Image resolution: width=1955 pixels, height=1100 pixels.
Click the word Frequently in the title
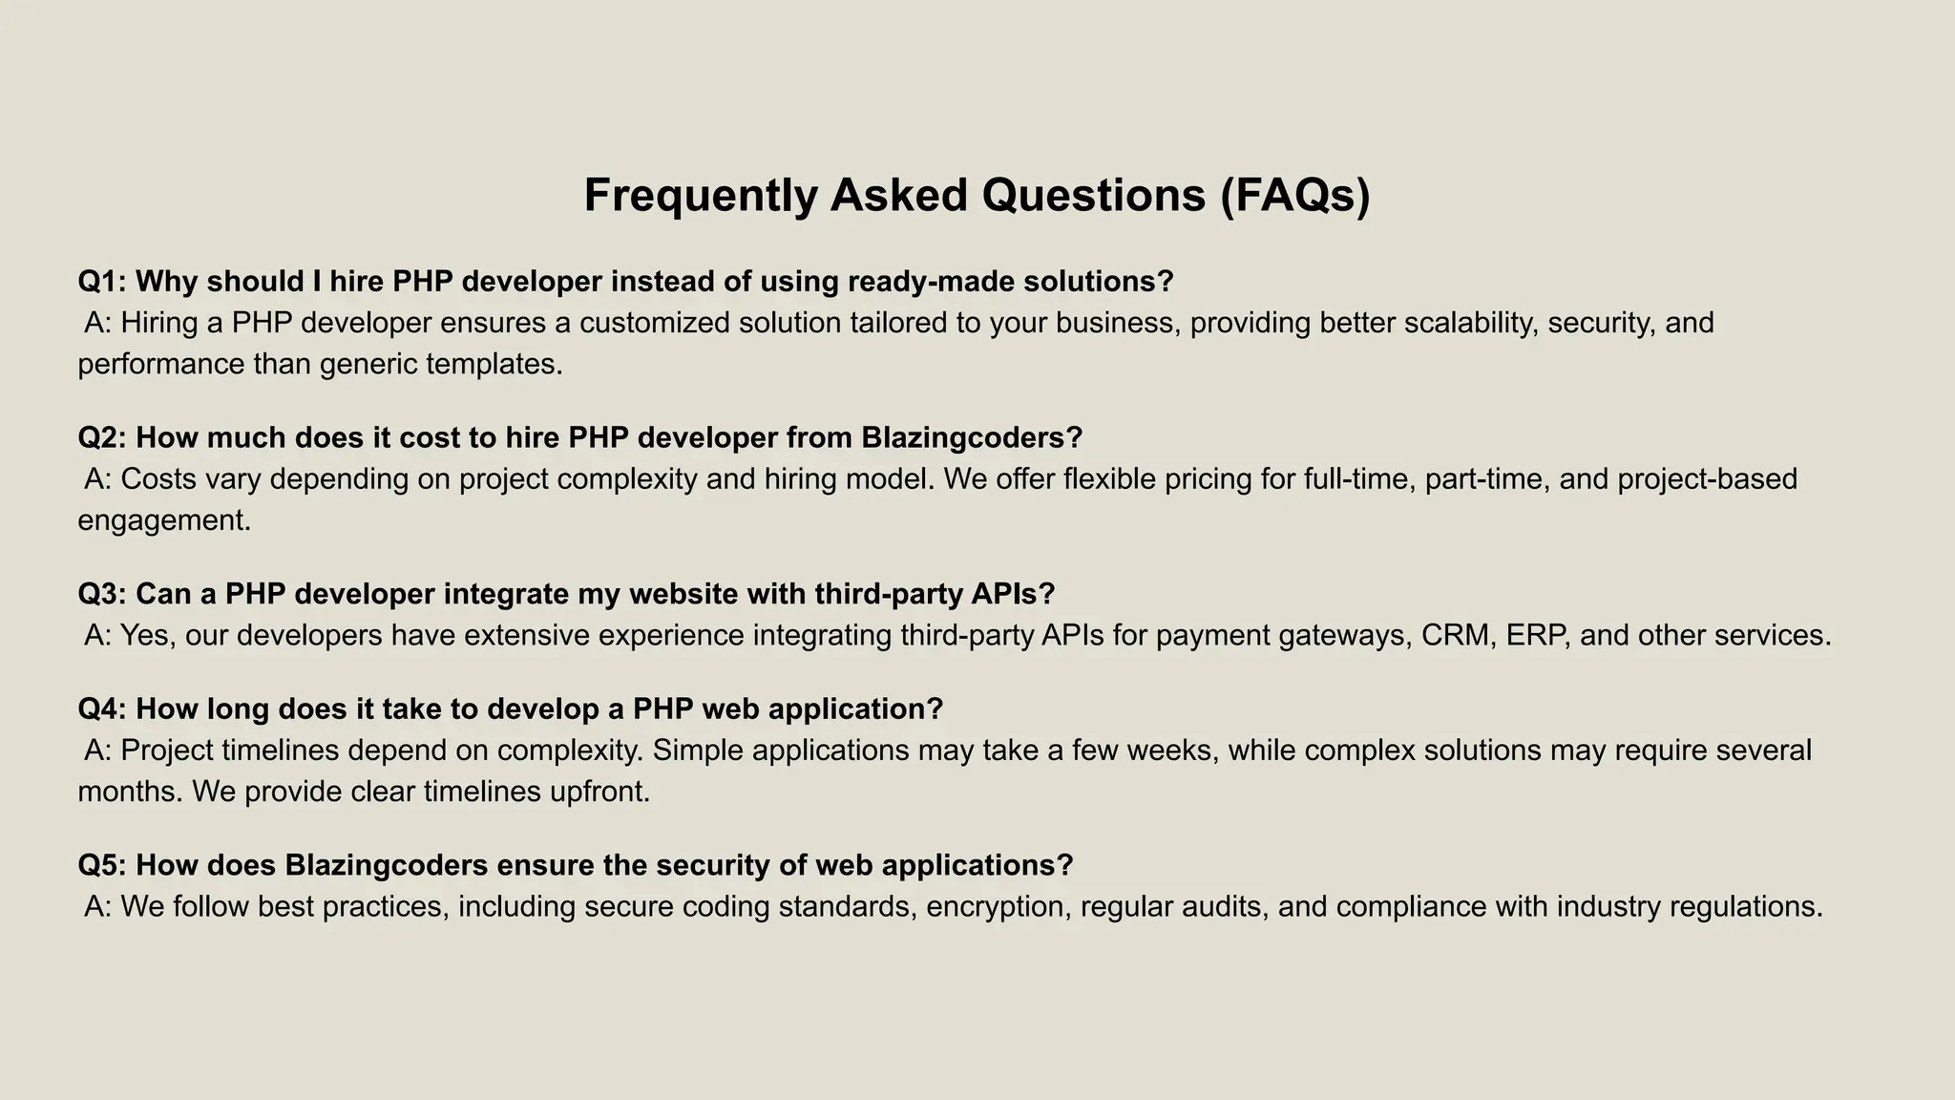701,196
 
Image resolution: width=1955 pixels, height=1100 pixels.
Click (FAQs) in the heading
1294,196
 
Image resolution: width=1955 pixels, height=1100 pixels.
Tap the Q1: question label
102,282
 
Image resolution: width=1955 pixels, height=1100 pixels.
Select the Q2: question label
102,438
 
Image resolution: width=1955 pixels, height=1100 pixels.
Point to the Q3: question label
102,594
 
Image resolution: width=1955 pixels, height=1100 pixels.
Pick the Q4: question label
102,709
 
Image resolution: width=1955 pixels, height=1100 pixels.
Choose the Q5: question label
102,865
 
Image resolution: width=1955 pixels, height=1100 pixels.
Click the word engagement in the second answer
163,521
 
